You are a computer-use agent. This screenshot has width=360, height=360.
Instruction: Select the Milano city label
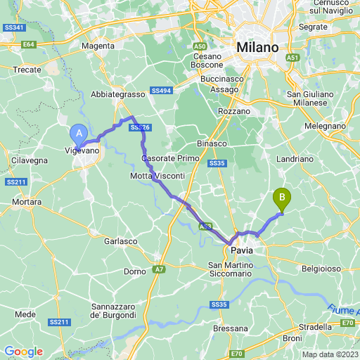257,47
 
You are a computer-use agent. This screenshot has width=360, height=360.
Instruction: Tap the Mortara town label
27,202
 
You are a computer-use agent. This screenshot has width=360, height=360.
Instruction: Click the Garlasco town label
120,240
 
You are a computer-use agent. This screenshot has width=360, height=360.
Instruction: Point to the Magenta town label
98,46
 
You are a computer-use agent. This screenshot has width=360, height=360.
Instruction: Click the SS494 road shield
161,91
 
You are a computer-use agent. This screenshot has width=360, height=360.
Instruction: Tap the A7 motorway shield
158,269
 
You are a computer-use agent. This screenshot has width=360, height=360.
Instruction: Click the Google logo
23,352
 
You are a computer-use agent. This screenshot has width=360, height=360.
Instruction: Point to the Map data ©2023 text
330,354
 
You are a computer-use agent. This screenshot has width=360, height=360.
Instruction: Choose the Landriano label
314,159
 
